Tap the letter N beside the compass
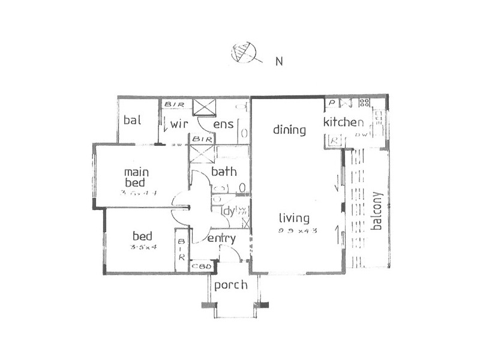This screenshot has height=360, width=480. pos(279,61)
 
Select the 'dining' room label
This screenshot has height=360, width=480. pos(290,130)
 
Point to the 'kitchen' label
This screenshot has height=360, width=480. pos(344,123)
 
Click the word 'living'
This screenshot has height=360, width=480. pos(294,218)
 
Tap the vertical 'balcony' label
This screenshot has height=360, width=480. pos(377,211)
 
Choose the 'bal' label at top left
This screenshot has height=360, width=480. pos(132,120)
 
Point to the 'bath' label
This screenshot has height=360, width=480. pos(224,172)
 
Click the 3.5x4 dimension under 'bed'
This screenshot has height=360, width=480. pos(143,247)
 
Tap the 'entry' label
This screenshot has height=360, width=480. pos(221,239)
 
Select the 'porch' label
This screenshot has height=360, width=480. pos(230,285)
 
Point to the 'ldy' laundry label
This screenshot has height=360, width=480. pos(228,211)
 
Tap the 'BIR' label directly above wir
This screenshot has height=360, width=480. pos(175,104)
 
